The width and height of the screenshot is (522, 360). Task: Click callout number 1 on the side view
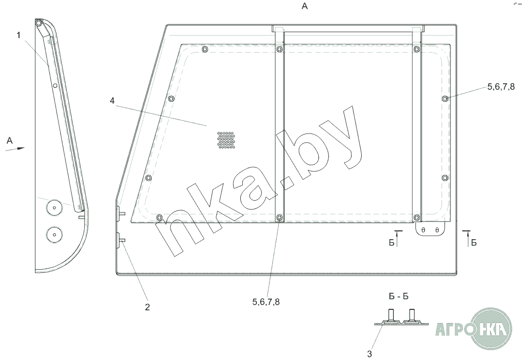19,35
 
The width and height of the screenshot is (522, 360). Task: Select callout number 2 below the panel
148,307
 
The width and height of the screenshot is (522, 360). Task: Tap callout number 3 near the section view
369,353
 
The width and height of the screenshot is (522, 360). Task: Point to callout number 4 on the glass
112,100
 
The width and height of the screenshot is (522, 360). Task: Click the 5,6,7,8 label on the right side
501,87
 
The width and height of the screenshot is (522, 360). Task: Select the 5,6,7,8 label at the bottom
266,302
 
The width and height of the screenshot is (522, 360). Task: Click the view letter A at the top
305,6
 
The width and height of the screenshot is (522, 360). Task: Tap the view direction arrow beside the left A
15,149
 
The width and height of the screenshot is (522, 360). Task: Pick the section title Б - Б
399,296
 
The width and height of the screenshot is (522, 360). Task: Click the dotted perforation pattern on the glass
226,140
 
